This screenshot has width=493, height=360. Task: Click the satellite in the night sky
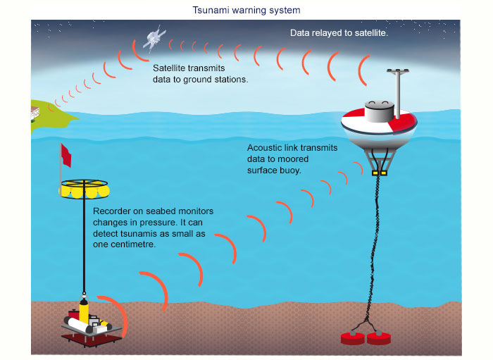point(154,38)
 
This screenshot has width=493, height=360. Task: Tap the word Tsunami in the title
point(211,11)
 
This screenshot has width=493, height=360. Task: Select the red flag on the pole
point(66,155)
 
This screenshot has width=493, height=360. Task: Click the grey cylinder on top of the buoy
point(380,111)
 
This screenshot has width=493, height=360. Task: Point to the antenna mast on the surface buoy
point(398,94)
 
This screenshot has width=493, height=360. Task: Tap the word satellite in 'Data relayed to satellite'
point(371,33)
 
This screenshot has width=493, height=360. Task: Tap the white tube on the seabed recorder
point(78,325)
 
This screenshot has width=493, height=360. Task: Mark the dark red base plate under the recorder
point(92,340)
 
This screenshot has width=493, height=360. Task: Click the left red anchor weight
point(354,338)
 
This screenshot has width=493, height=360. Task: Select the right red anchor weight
point(379,338)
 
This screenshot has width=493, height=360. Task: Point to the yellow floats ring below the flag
point(85,190)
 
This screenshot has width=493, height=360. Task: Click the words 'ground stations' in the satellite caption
point(216,80)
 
